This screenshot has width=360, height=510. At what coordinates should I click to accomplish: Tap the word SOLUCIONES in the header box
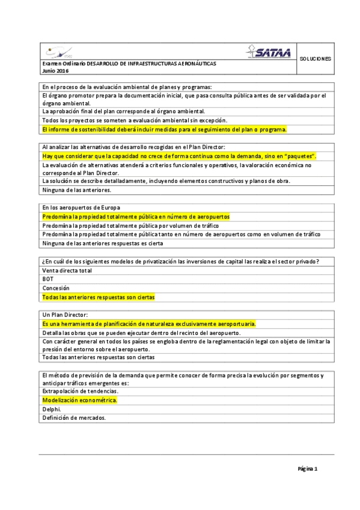[314, 59]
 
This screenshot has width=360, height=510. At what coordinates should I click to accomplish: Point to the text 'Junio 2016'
[55, 71]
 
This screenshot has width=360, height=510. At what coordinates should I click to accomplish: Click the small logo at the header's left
[57, 53]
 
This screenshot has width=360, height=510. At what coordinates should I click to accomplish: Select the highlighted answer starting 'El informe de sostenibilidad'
[164, 129]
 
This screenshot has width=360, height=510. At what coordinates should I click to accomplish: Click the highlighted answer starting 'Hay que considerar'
[179, 156]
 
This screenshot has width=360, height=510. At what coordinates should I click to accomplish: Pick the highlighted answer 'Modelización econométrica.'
[79, 400]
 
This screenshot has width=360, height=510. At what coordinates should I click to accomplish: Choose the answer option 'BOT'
[47, 279]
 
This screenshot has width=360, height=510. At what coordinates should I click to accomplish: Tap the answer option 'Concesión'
[55, 288]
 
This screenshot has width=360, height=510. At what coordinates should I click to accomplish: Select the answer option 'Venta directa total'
[67, 270]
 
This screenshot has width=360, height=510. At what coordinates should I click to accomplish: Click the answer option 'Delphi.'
[51, 409]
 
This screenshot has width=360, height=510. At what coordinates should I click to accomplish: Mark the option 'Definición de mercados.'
[74, 418]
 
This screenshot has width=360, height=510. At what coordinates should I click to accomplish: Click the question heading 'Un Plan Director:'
[65, 315]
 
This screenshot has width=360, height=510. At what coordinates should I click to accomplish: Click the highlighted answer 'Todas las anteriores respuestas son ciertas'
[98, 297]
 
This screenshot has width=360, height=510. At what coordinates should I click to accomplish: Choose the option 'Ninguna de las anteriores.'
[76, 190]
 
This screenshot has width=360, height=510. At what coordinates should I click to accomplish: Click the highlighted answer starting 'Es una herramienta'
[149, 324]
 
